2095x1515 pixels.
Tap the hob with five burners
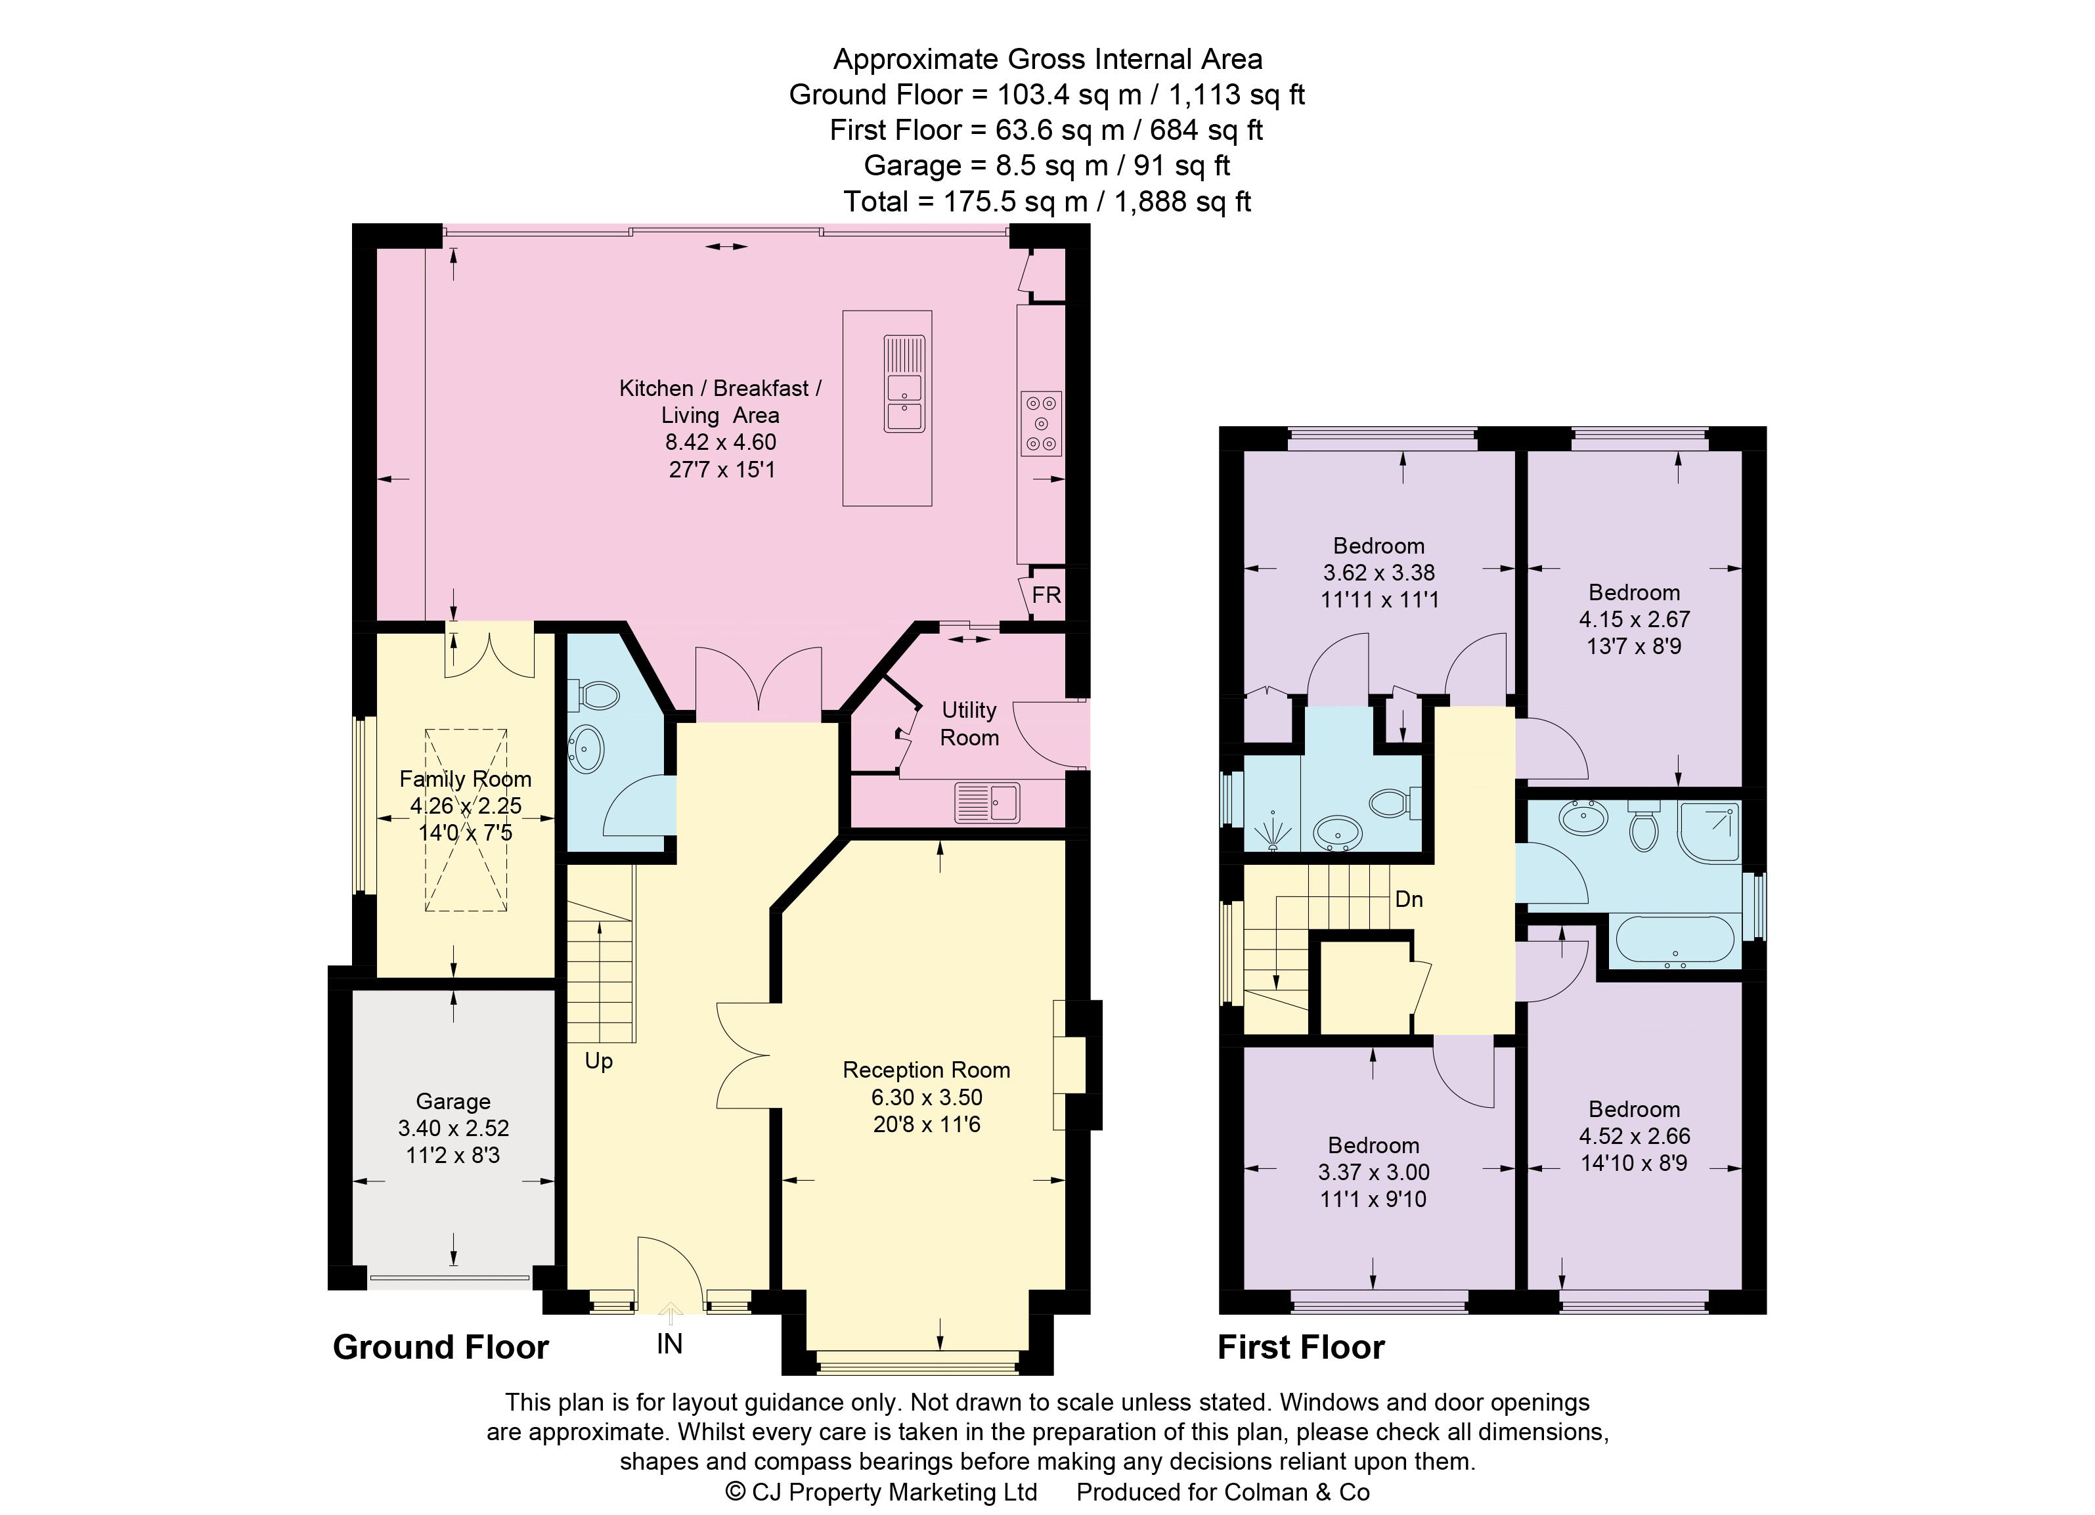(x=1041, y=424)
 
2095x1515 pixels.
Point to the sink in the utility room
(x=988, y=801)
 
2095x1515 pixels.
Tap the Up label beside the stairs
(x=598, y=1061)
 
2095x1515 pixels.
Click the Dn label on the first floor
(x=1409, y=899)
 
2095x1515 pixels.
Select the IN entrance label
(x=670, y=1344)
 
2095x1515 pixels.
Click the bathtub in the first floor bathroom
(x=1675, y=941)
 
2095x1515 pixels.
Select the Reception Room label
(x=927, y=1070)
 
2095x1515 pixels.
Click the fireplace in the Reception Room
(x=1072, y=1065)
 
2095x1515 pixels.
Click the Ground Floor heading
(x=441, y=1348)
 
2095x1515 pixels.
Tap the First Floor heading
(x=1300, y=1348)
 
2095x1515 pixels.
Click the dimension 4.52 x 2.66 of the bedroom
(x=1634, y=1136)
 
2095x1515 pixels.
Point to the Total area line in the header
(x=1047, y=202)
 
